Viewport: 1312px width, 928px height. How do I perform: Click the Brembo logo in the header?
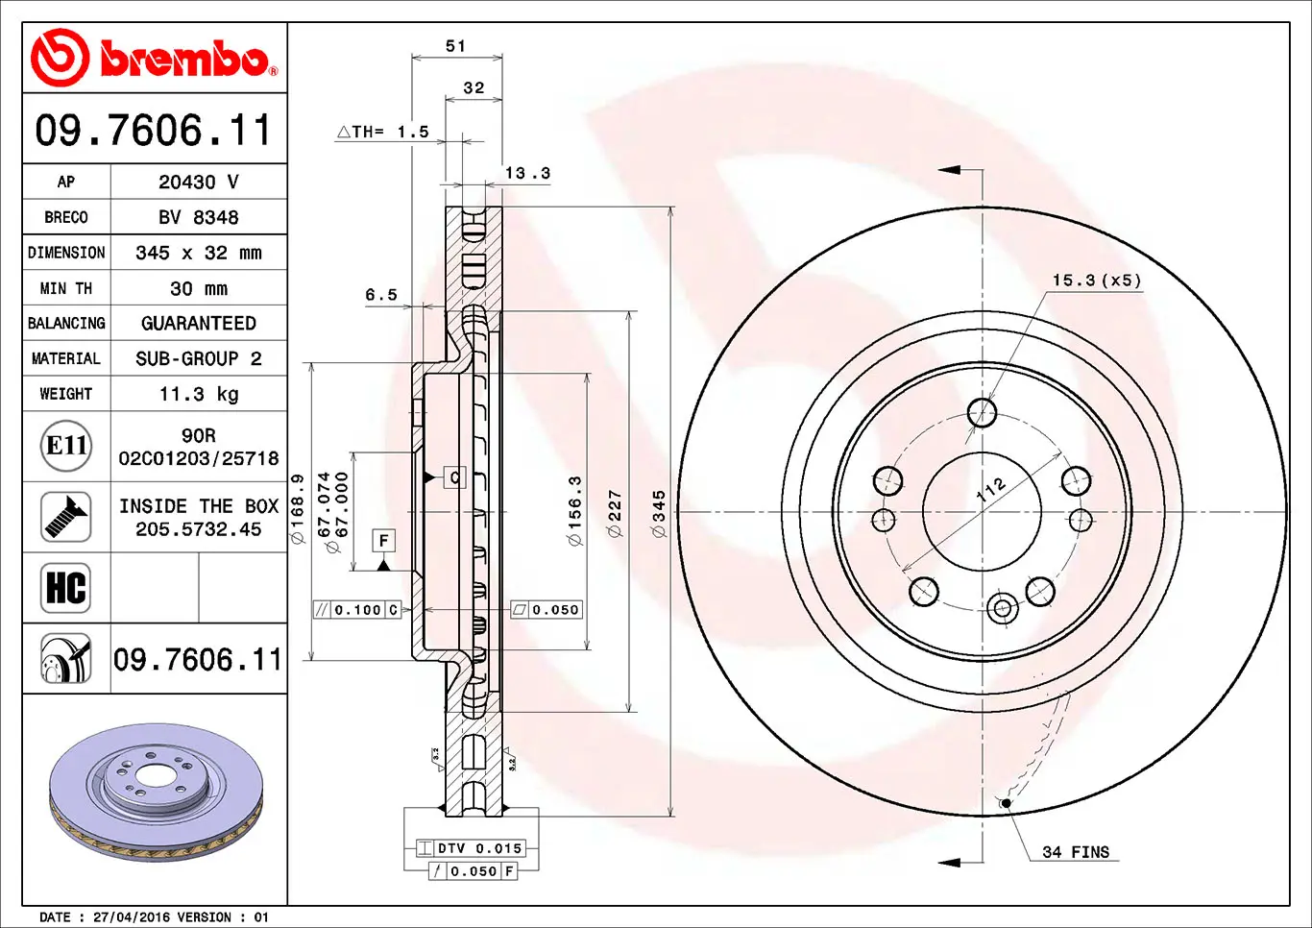tap(154, 59)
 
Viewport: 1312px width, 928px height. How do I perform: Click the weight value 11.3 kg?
tap(199, 394)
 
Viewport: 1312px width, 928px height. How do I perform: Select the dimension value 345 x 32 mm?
tap(199, 253)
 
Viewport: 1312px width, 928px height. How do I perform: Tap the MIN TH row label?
tap(66, 288)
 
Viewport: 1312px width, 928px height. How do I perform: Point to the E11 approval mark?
tap(66, 446)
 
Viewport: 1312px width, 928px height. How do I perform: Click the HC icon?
tap(66, 587)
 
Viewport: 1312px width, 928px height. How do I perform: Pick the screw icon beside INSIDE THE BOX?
tap(66, 517)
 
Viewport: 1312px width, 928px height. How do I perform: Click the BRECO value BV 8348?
tap(199, 217)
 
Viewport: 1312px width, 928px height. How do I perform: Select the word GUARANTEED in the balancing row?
tap(199, 324)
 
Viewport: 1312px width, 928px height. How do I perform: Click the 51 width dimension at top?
tap(456, 46)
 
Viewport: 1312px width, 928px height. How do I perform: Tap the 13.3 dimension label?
tap(527, 174)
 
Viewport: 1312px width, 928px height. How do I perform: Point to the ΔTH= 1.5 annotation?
tap(383, 133)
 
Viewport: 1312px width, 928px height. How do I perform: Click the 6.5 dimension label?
tap(380, 295)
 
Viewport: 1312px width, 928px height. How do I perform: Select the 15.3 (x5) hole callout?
tap(1097, 281)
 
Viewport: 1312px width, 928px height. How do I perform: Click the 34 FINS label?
tap(1076, 852)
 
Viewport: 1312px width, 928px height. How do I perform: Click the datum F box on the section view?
tap(383, 541)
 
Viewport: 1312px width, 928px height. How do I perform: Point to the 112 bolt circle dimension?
tap(990, 489)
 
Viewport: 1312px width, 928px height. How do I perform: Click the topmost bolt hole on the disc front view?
tap(982, 413)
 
